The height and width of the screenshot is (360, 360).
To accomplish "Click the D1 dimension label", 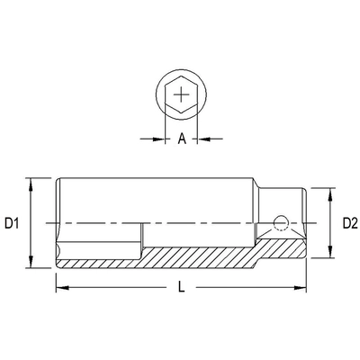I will pos(13,222).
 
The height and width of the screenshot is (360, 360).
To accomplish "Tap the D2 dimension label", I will pos(349,222).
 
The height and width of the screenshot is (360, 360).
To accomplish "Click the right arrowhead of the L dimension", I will pos(301,288).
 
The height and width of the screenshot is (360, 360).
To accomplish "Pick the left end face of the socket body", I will pos(57,222).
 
